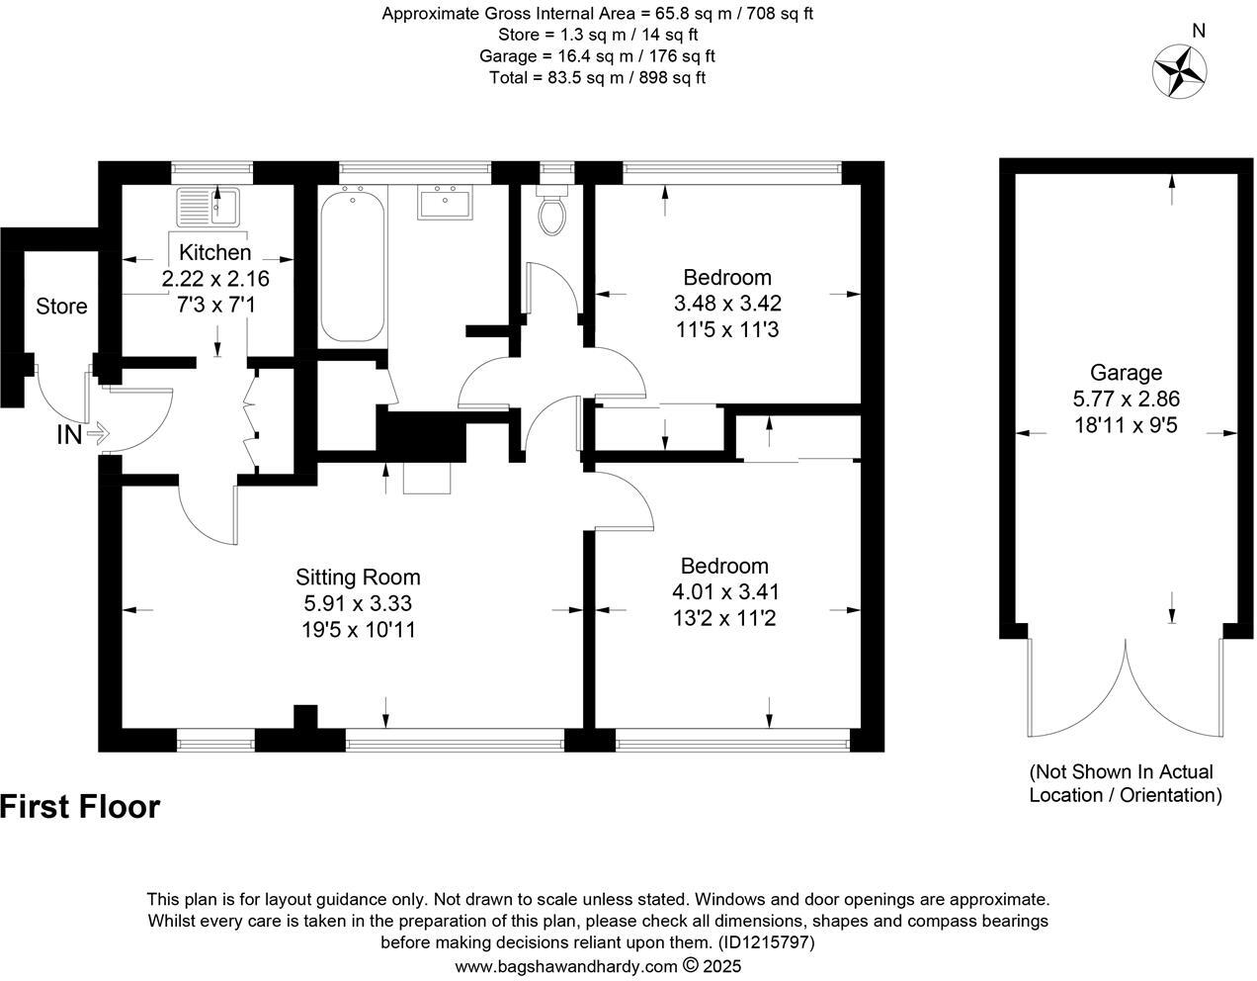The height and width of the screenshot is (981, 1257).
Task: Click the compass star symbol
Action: [1180, 72]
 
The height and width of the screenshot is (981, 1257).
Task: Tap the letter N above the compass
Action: [1199, 31]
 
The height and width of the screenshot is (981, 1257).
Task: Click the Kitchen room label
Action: [214, 253]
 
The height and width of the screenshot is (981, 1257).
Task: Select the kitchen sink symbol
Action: [208, 207]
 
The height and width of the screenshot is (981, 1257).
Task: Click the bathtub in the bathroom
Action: [353, 264]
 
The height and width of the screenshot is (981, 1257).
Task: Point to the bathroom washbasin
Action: [446, 203]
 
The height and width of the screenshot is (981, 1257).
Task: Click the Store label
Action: [61, 307]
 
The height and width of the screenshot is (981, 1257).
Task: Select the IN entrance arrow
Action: [98, 433]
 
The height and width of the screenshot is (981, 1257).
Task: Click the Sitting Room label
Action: [358, 578]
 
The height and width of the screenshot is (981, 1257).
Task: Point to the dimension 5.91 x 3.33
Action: [358, 603]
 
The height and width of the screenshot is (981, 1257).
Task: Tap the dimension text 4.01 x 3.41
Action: [724, 592]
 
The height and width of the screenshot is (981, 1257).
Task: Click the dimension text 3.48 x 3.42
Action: [727, 303]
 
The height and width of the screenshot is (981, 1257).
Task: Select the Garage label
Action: [1126, 373]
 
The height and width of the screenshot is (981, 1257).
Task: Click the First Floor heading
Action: [80, 807]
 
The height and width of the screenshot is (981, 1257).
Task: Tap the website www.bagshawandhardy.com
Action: [566, 966]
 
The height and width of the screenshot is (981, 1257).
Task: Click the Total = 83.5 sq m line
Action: [597, 77]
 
